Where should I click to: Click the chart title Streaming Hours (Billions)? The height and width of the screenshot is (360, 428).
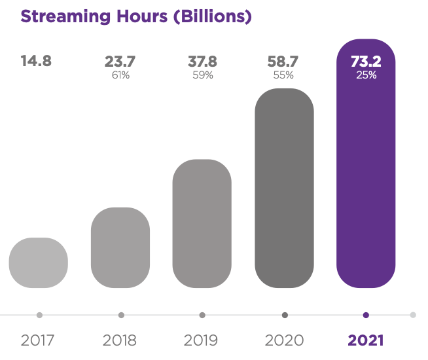point(136,16)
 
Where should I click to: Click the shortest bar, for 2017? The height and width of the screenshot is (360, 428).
point(39,262)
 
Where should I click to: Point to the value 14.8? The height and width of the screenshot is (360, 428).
point(36,62)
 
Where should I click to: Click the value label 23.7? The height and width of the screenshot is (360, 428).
point(120,62)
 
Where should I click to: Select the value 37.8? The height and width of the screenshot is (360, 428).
point(202,62)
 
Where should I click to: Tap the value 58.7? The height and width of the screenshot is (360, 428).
point(283,62)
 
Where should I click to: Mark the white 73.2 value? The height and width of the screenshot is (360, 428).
point(366,62)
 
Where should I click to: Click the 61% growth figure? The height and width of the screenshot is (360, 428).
point(121,75)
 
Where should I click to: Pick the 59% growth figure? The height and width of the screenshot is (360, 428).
point(202,75)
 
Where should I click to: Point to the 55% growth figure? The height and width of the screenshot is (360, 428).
point(283,75)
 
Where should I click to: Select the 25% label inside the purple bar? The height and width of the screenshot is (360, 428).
point(366,75)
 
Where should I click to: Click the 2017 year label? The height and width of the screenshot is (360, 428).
point(39,340)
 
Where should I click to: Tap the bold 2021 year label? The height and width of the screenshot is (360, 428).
point(366,340)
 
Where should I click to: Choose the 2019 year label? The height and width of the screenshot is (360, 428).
point(202,340)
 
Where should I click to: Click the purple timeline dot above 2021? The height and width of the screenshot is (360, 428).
point(366,315)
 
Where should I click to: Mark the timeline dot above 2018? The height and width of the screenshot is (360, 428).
point(121,315)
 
